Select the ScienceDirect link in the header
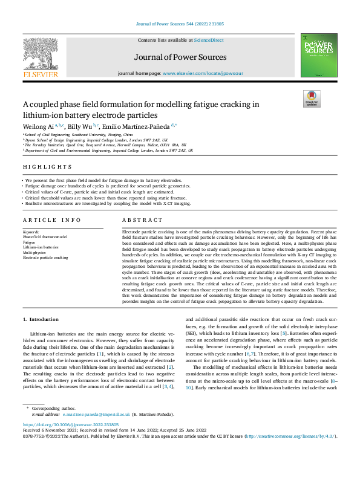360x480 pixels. click(209, 40)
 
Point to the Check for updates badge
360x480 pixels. click(311, 99)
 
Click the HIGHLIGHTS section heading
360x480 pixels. click(44, 166)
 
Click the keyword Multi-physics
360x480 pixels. click(35, 252)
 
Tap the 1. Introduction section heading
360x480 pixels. click(41, 319)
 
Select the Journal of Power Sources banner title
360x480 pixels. click(180, 57)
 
